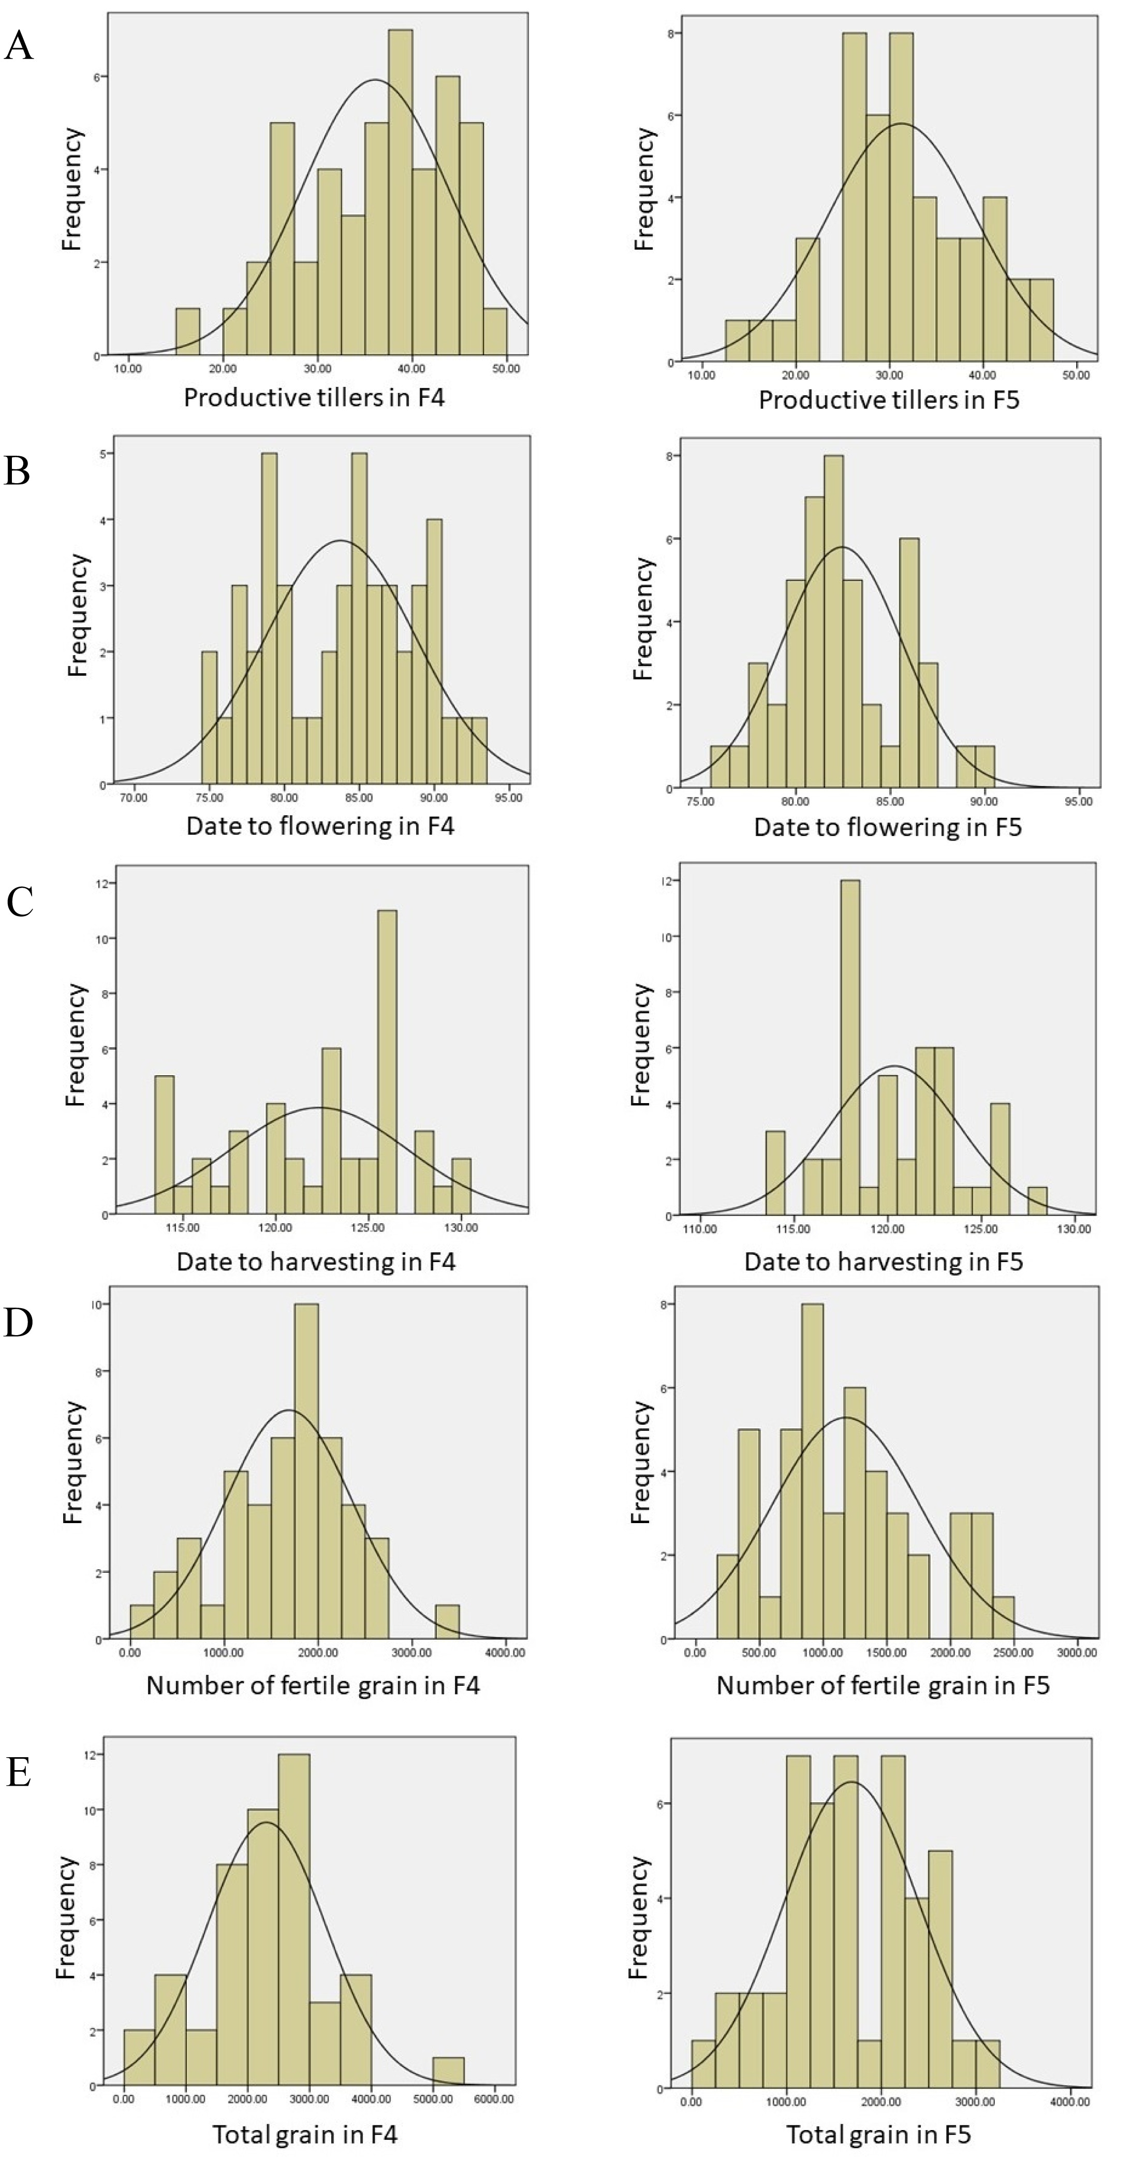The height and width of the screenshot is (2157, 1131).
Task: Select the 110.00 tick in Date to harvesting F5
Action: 700,1229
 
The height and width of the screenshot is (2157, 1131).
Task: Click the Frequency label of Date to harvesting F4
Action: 76,1045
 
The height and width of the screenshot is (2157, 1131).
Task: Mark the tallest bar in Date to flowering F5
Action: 834,622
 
